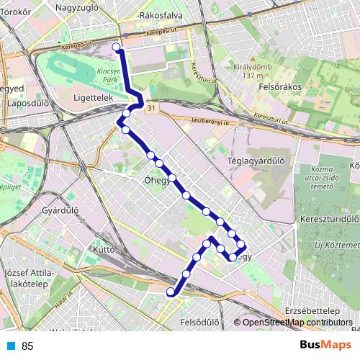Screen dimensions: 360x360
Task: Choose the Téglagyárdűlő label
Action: [x=256, y=161]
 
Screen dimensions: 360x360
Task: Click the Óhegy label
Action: [x=156, y=181]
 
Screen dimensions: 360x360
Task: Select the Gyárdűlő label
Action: [x=60, y=211]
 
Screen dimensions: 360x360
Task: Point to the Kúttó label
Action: [x=104, y=249]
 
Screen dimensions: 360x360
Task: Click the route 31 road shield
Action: [x=149, y=107]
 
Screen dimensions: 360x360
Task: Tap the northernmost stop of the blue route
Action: [x=117, y=47]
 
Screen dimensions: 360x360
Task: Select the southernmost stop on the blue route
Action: [x=171, y=292]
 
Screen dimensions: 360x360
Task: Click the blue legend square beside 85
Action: [x=11, y=346]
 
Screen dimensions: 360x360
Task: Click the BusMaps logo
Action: [x=325, y=346]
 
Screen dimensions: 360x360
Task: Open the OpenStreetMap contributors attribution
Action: [x=297, y=323]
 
